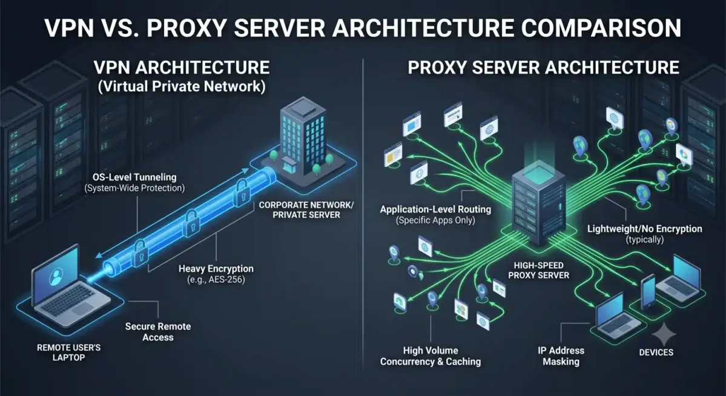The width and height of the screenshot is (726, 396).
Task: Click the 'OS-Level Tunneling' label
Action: point(134,177)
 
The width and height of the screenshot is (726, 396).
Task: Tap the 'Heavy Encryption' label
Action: point(216,269)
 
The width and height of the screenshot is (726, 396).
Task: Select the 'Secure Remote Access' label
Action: point(158,332)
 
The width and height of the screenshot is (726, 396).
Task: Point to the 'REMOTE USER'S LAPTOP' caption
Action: point(68,352)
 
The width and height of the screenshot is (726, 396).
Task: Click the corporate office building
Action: point(303,138)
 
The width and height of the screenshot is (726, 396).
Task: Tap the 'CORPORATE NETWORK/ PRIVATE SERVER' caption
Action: point(306,210)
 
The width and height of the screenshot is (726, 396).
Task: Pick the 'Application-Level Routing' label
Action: point(435,210)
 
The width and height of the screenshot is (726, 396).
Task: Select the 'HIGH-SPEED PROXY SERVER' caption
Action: point(538,271)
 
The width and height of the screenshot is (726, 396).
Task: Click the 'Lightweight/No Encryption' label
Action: point(644,229)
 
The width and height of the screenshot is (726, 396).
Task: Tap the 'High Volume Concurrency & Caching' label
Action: point(431,356)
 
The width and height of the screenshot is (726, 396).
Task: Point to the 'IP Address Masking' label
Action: point(561,356)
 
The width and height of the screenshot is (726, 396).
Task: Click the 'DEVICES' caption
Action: point(656,352)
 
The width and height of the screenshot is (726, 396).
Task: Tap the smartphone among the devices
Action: point(648,292)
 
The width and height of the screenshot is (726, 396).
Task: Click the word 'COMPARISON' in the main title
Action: point(601,28)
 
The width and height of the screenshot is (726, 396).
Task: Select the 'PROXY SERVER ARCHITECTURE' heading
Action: point(543,68)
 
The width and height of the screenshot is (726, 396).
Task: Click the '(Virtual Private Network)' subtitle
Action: point(182,87)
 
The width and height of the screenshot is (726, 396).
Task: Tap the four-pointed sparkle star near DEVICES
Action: point(664,334)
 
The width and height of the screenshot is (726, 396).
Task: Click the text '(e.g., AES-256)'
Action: point(216,280)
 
